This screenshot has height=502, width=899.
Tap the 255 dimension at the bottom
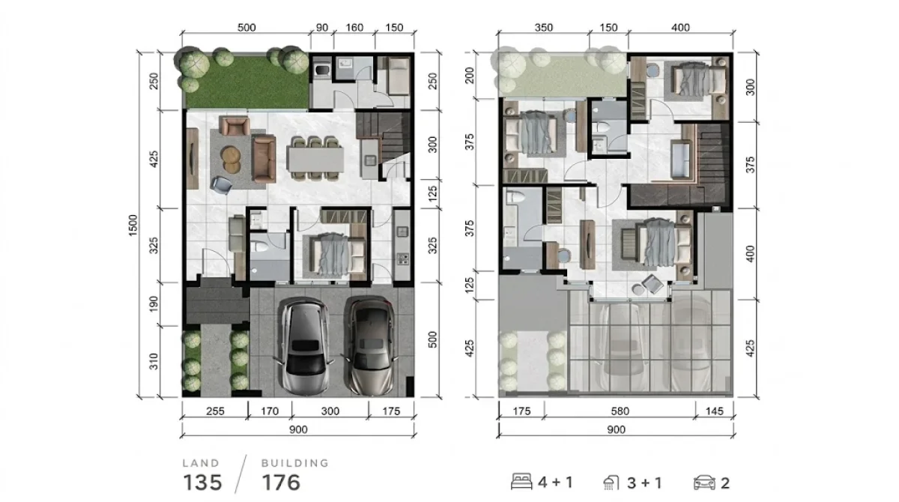click(x=214, y=411)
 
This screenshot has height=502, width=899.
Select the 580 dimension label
click(x=619, y=411)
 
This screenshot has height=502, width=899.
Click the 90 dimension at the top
click(x=321, y=28)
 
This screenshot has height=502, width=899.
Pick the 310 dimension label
click(x=154, y=363)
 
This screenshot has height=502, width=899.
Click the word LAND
click(x=202, y=463)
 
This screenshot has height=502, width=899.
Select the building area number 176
click(x=281, y=483)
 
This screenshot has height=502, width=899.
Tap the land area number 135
click(x=203, y=483)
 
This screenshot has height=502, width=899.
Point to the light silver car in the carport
click(x=307, y=346)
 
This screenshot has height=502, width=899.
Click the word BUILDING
click(x=294, y=463)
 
